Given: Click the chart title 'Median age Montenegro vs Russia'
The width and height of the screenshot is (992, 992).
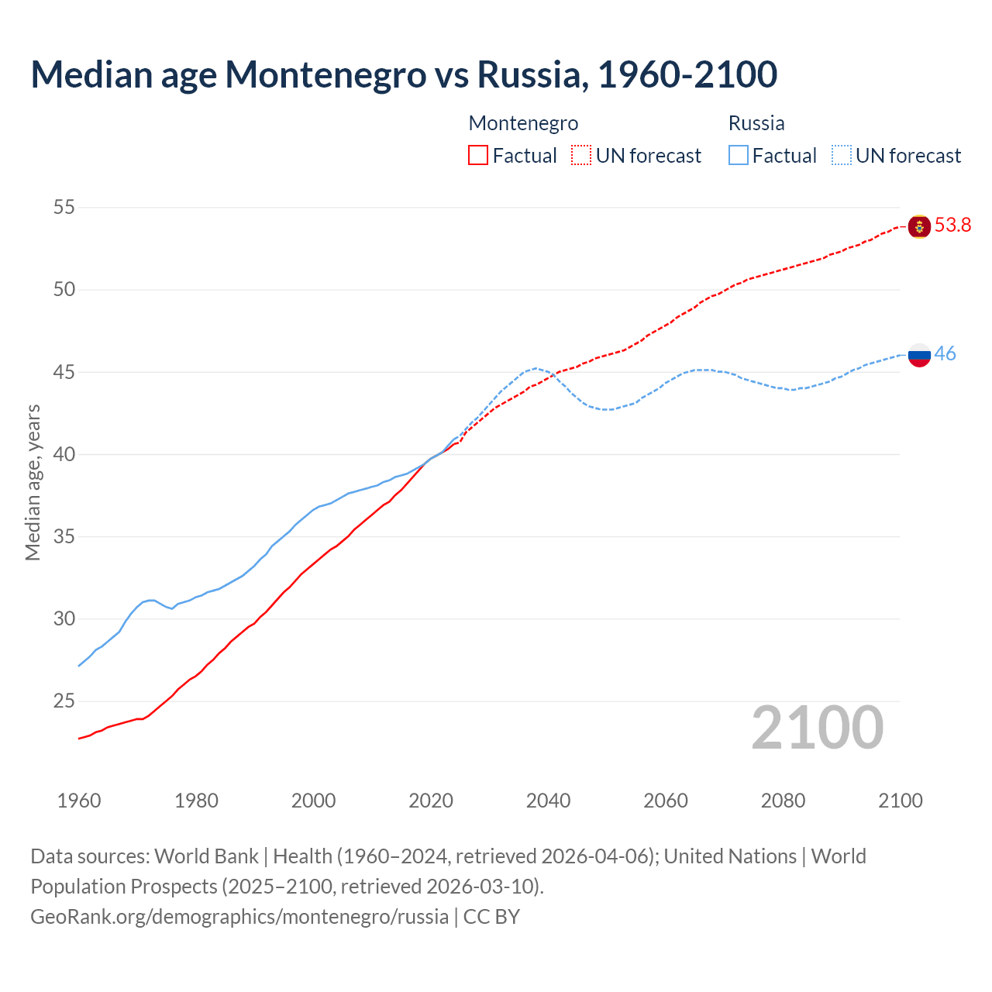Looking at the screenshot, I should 403,74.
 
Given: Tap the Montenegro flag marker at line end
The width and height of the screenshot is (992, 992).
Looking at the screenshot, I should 919,226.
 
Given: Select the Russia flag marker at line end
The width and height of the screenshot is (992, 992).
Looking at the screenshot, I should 919,355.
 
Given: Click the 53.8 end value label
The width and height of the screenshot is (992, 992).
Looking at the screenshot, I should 952,226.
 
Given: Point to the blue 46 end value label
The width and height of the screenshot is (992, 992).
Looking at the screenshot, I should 945,354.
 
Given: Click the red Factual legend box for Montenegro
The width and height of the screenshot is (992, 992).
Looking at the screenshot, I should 478,156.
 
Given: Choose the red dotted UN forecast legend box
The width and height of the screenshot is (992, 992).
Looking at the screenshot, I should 581,156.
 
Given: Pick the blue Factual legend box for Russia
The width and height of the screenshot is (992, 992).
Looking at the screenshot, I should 739,156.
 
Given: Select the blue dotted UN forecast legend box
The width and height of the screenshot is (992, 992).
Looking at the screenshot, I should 841,156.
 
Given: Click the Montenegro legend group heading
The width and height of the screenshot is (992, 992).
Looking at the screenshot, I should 523,123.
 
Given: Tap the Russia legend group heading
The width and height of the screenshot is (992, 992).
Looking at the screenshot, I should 756,123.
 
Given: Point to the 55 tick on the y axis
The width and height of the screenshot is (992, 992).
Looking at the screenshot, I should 64,208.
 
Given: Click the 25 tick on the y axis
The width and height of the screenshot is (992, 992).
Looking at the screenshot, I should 64,701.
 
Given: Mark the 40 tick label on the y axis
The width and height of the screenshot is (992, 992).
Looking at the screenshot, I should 64,455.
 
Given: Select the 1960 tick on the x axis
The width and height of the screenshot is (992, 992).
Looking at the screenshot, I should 79,801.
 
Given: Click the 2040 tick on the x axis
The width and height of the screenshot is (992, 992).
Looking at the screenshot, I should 548,801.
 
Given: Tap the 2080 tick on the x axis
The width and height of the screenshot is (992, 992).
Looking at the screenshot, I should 783,801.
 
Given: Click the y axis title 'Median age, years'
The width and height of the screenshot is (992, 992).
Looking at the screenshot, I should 33,482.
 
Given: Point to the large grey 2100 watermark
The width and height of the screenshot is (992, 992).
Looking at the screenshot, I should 817,728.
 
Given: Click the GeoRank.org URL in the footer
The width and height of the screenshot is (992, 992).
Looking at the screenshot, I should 239,917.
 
